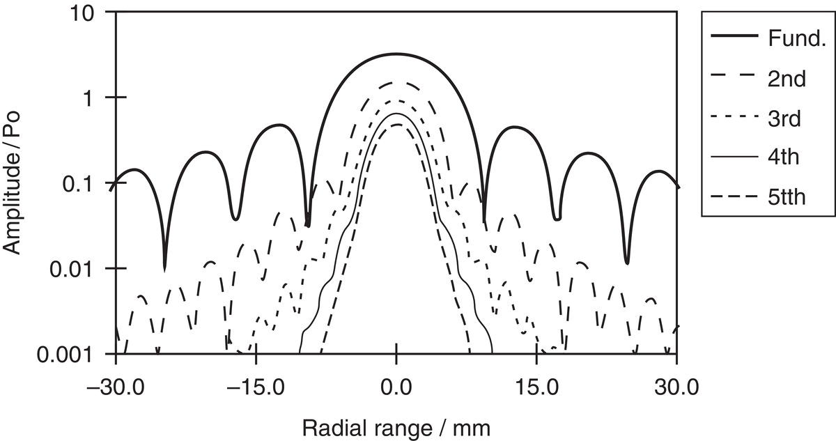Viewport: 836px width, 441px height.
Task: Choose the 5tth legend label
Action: coord(788,197)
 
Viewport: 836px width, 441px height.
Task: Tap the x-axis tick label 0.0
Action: coord(396,385)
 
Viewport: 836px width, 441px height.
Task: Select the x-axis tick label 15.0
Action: coord(536,385)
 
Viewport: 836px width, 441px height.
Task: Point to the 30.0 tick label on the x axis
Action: coord(676,385)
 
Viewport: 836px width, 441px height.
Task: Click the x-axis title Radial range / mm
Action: coord(396,428)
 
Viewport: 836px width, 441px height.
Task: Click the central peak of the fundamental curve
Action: coord(396,54)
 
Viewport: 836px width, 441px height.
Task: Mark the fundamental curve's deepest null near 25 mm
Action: coord(627,262)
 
